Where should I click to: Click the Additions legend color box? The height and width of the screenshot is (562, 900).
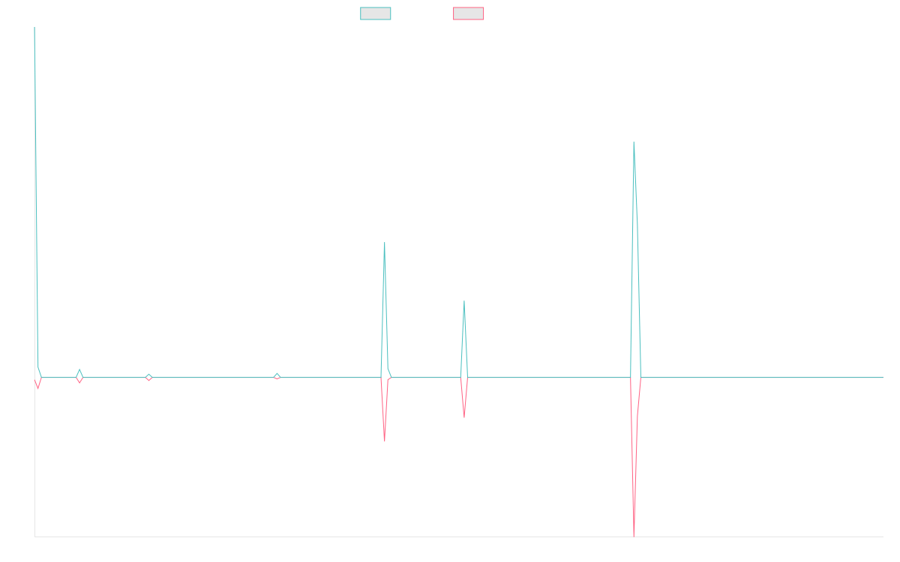[x=376, y=13]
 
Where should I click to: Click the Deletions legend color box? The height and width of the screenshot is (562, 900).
[x=469, y=13]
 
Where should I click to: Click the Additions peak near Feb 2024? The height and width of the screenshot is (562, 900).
[x=634, y=142]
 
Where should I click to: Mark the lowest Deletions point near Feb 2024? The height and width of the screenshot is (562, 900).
[x=634, y=534]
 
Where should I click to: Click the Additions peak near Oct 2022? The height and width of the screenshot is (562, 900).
[x=385, y=243]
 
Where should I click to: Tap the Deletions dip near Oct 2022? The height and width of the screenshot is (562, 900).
[x=385, y=441]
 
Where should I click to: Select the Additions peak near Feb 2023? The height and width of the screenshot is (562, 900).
[x=464, y=301]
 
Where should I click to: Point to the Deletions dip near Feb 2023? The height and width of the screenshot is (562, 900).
[x=464, y=416]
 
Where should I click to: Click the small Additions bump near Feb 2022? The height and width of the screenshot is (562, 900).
[x=277, y=373]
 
